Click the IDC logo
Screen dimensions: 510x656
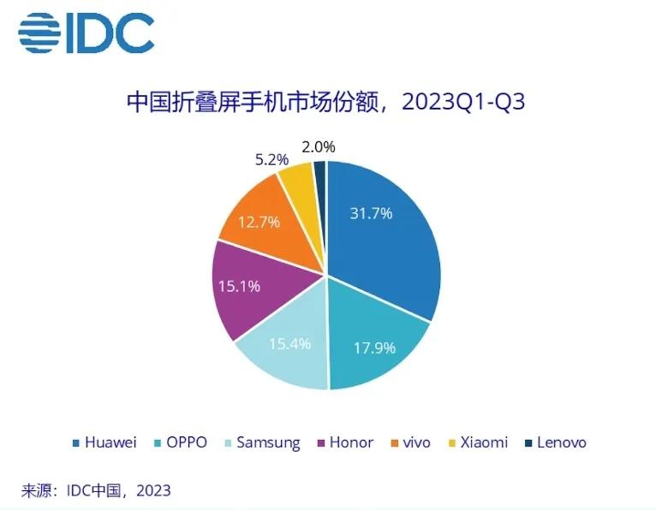(86, 33)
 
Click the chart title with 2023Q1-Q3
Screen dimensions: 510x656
(325, 104)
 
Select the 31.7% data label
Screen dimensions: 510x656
(371, 213)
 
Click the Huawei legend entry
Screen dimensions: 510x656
(104, 442)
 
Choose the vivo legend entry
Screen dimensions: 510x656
(414, 442)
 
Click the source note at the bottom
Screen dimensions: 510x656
(96, 490)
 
